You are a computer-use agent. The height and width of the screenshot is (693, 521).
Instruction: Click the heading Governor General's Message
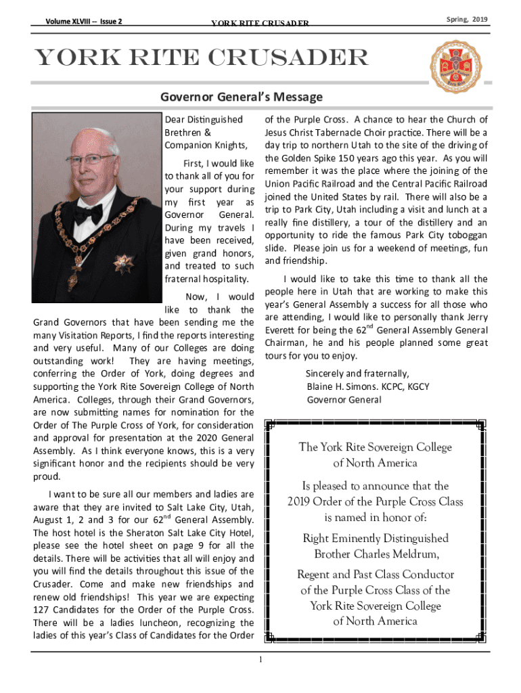tap(241, 97)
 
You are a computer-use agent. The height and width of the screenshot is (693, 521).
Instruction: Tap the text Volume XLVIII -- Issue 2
tap(84, 22)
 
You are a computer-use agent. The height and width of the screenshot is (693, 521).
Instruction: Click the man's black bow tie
tap(88, 214)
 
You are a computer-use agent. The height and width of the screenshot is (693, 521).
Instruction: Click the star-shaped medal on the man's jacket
tap(123, 263)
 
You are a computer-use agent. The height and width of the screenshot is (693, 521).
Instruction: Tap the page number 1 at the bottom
tap(260, 661)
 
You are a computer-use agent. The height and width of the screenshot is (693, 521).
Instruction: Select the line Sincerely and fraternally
tap(357, 374)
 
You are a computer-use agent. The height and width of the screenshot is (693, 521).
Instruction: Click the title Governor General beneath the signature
tap(344, 399)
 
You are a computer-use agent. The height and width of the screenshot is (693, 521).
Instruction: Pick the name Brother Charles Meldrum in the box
tap(376, 554)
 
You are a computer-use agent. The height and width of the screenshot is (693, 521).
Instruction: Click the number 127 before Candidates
tap(43, 610)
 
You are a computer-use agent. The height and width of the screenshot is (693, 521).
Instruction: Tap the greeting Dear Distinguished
tap(204, 120)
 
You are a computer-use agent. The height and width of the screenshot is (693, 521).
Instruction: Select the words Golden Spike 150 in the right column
tap(311, 158)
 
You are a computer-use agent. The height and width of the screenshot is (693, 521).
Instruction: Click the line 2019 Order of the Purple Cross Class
tap(375, 501)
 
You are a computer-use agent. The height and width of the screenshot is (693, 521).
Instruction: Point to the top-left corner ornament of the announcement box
tap(271, 426)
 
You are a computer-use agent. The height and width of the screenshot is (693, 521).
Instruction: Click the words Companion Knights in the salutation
tap(204, 146)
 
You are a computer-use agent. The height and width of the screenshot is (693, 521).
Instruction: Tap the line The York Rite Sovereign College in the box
tap(375, 447)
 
